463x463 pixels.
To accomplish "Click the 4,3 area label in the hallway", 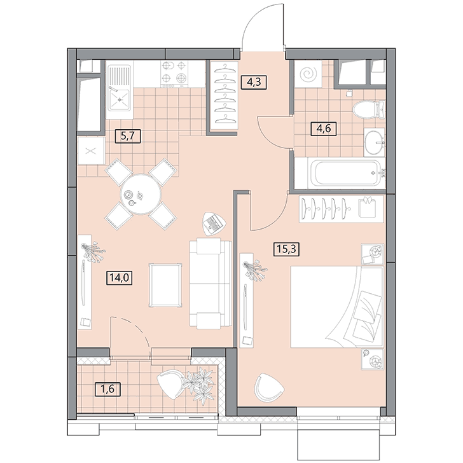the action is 254,82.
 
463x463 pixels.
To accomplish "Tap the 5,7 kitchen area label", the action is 128,136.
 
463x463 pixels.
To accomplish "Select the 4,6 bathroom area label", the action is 324,128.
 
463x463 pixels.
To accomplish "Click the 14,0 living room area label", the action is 120,278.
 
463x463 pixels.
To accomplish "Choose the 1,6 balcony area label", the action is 107,389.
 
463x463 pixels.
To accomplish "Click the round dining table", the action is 141,194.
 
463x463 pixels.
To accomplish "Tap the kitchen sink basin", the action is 120,100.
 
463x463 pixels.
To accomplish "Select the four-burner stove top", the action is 174,74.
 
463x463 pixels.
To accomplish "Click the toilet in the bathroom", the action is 369,109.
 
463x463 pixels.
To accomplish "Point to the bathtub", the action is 345,173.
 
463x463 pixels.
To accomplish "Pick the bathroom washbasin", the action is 374,142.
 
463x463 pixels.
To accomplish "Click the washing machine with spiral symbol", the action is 308,74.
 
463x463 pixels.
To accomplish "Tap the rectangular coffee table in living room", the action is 165,286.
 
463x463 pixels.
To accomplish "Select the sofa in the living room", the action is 211,283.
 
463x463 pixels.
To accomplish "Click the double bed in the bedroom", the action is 337,307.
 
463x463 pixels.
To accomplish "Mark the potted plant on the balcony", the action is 198,384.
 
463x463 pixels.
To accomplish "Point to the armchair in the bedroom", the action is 268,387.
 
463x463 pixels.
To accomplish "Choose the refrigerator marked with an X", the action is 91,151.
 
